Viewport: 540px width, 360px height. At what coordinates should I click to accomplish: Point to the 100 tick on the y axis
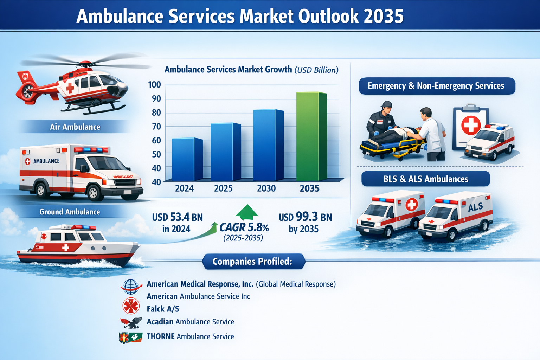tap(154, 85)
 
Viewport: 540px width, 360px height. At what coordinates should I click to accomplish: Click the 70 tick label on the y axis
tap(154, 127)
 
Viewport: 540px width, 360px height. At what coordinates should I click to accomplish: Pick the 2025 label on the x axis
tap(223, 188)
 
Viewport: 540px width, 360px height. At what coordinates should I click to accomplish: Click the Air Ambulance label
tap(75, 127)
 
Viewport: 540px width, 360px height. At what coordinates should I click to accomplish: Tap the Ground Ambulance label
tap(70, 212)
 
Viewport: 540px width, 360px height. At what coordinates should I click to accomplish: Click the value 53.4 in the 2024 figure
tap(180, 217)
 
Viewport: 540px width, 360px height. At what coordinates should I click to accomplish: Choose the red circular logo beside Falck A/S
tap(131, 306)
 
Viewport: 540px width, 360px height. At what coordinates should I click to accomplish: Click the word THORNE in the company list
tap(161, 336)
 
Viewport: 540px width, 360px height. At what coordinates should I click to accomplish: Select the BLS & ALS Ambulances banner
tap(425, 179)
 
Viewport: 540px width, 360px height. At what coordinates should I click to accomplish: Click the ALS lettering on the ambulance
tap(475, 207)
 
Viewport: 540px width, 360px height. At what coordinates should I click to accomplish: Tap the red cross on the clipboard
tap(471, 125)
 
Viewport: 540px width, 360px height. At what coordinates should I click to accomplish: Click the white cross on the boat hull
tap(66, 248)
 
